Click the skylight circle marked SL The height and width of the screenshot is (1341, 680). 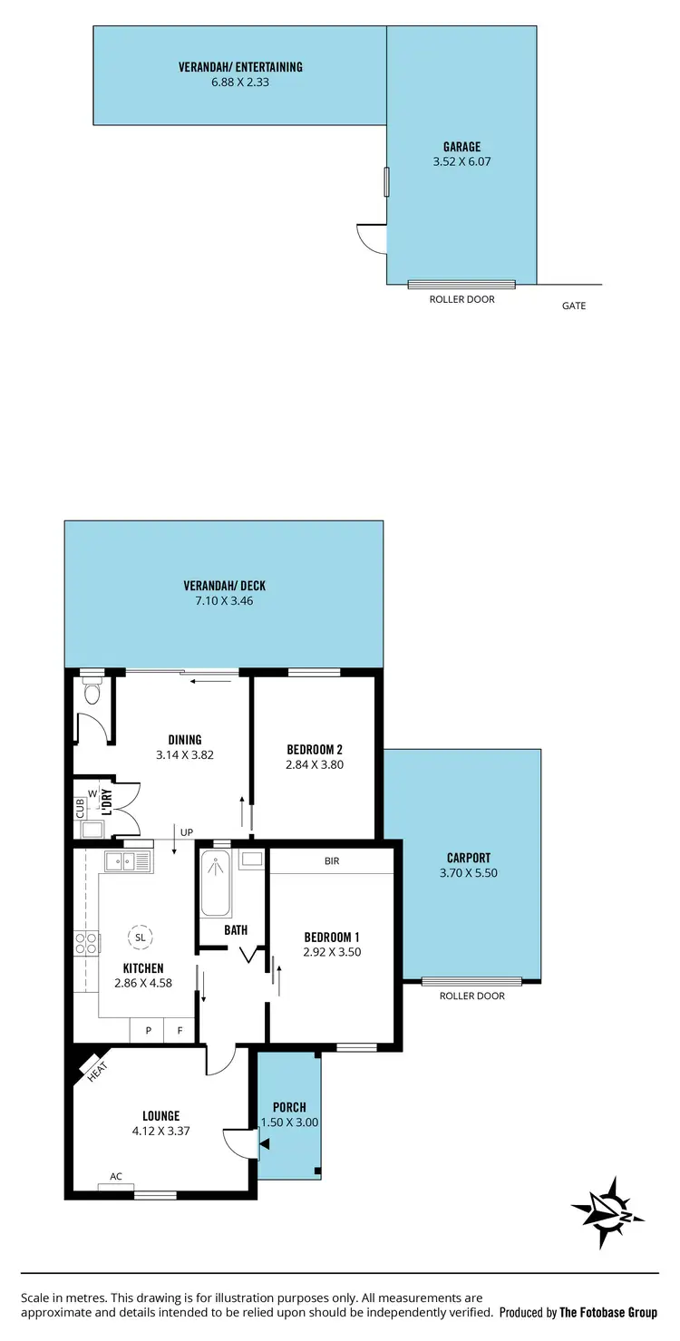click(x=139, y=936)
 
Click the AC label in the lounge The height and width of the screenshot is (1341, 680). click(x=116, y=1176)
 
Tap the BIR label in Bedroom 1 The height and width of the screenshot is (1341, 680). click(x=332, y=860)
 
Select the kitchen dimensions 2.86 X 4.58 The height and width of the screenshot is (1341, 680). click(x=143, y=982)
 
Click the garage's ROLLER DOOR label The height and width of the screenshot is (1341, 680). click(x=461, y=299)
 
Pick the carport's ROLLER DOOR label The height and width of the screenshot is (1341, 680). click(x=471, y=996)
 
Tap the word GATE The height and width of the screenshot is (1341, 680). click(x=574, y=306)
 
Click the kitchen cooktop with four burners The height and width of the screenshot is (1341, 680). click(x=86, y=944)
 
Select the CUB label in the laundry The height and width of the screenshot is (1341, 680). click(x=80, y=807)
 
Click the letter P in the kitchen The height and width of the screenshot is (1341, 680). click(x=147, y=1030)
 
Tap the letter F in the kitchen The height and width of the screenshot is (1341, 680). click(x=180, y=1030)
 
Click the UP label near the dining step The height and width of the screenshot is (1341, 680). click(x=187, y=831)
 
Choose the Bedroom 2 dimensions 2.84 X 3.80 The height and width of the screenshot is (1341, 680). click(x=314, y=764)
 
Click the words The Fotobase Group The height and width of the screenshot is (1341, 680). click(x=608, y=1312)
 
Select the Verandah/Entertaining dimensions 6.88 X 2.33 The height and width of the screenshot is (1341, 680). click(x=239, y=82)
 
